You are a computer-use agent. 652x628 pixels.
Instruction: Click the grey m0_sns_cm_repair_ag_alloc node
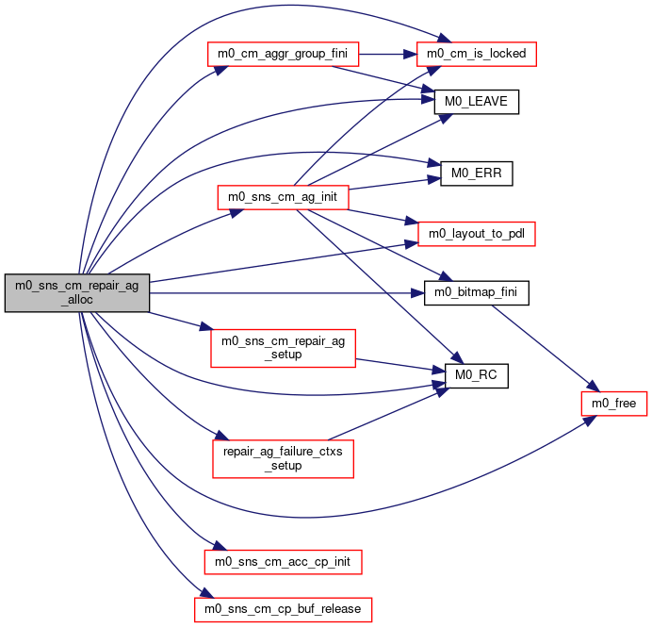(77, 292)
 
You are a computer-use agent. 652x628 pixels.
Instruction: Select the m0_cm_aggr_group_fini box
(283, 54)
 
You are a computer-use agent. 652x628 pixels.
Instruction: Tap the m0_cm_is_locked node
(477, 54)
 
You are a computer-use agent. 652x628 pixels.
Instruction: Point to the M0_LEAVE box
(477, 102)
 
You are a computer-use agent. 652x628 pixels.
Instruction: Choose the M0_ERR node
(477, 174)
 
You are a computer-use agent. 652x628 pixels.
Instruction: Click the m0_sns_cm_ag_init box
(283, 197)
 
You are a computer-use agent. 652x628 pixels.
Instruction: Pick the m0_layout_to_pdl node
(477, 234)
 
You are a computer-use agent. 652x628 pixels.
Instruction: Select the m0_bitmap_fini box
(477, 293)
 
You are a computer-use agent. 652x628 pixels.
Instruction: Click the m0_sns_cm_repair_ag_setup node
(283, 348)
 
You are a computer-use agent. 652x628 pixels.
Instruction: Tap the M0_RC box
(477, 376)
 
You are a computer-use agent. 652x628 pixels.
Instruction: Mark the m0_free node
(614, 404)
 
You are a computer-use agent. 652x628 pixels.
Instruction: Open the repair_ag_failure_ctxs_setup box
(283, 458)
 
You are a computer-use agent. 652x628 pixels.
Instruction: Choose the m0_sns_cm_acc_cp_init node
(283, 562)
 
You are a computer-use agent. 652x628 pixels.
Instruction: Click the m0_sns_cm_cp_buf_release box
(283, 610)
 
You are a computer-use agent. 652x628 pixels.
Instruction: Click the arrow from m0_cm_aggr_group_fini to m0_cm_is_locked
(387, 54)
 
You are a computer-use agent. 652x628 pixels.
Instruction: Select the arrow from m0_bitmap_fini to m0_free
(546, 348)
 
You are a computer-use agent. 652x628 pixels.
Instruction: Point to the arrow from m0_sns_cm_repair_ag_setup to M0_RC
(400, 365)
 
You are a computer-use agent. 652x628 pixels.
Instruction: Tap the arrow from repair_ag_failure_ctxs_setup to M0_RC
(388, 414)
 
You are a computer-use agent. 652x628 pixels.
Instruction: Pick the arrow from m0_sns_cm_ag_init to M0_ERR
(394, 185)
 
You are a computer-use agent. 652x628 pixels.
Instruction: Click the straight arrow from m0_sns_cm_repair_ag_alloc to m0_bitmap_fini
(287, 293)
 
